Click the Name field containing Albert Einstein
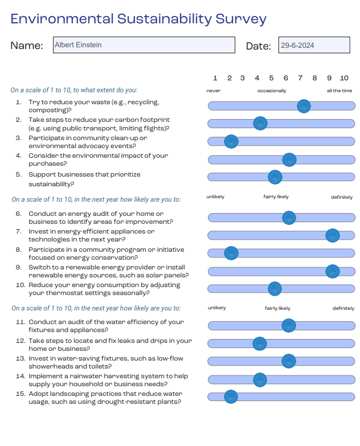(x=144, y=45)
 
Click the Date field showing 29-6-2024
(x=314, y=46)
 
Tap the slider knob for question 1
(x=304, y=105)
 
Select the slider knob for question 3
(x=231, y=141)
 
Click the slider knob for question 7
(x=333, y=235)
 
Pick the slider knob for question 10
(x=275, y=288)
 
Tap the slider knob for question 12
(x=260, y=343)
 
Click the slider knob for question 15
(x=231, y=396)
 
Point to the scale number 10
(x=344, y=78)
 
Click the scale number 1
(x=215, y=78)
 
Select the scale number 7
(x=300, y=78)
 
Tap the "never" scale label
(x=214, y=91)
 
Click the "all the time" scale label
(x=339, y=91)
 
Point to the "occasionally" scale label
(x=272, y=91)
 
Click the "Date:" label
(x=258, y=46)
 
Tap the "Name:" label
(x=27, y=46)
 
